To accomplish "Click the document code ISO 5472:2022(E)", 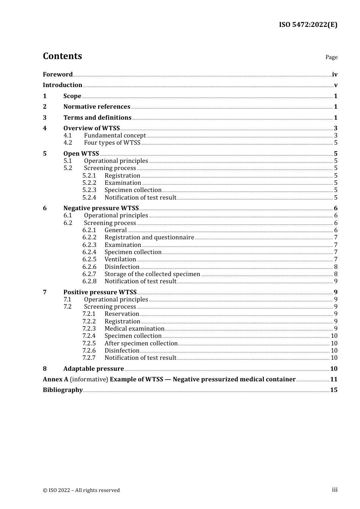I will tap(308, 25).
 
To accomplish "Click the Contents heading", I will tap(62, 56).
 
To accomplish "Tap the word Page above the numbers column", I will tap(331, 57).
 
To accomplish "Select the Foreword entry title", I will tap(58, 74).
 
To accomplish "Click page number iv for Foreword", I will tap(335, 75).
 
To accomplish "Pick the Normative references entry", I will tap(97, 107).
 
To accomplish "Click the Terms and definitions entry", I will tap(97, 117).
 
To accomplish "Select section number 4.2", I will tap(67, 143).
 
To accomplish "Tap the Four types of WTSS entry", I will tap(112, 143).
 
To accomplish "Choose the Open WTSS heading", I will tap(81, 153).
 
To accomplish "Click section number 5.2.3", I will tap(89, 190).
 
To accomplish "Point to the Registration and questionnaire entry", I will tap(149, 237).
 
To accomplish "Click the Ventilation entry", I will tap(120, 259).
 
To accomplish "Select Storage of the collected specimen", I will tap(152, 274).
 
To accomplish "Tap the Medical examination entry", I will tap(135, 329).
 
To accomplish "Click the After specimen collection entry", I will tap(141, 343).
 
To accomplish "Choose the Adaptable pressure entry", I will tap(94, 369).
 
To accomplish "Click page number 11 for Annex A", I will tap(334, 379).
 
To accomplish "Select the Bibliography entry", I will tap(63, 390).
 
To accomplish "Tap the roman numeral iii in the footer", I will tap(335, 490).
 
